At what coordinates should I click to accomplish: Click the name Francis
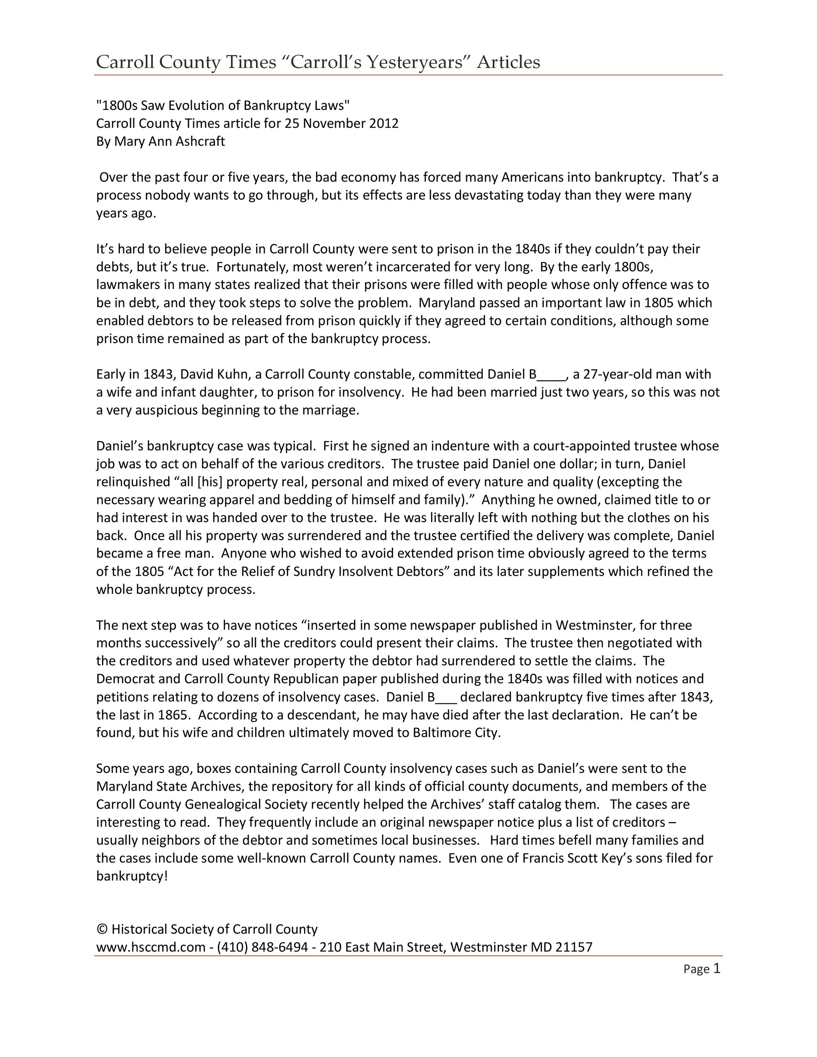pyautogui.click(x=544, y=858)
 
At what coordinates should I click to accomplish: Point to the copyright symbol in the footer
pyautogui.click(x=102, y=929)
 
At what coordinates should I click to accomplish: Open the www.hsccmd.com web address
pyautogui.click(x=151, y=947)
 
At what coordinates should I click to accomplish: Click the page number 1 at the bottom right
pyautogui.click(x=717, y=969)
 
